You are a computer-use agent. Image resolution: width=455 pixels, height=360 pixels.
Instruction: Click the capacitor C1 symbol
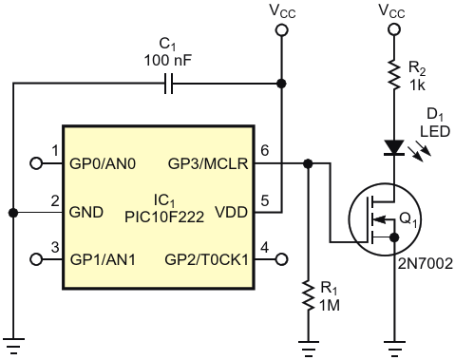(169, 84)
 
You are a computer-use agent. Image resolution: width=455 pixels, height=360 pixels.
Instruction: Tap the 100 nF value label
(168, 60)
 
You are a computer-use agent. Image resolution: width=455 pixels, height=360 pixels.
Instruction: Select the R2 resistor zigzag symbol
(394, 74)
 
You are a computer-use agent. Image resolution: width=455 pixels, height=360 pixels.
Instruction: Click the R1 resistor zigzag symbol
(308, 295)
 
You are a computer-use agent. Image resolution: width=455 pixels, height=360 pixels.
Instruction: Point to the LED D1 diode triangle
(394, 148)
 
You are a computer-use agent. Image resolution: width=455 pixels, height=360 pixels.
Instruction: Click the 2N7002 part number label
(426, 264)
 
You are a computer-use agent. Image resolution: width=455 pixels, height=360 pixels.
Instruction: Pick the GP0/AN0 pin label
(103, 164)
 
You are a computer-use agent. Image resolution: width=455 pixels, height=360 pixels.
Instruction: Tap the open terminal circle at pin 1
(36, 163)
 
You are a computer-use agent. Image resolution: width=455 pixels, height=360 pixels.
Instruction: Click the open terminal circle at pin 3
(36, 259)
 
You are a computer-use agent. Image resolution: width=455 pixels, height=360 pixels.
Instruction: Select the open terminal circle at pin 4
(281, 259)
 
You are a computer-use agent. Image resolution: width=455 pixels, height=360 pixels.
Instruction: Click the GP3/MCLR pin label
(208, 164)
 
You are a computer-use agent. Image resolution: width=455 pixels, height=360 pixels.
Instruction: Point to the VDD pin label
(231, 212)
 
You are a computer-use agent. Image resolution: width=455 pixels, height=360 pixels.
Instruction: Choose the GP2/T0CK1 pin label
(207, 259)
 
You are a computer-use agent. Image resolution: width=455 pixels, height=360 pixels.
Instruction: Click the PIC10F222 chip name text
(164, 218)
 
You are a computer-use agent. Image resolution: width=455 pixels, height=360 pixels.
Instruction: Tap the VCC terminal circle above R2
(394, 29)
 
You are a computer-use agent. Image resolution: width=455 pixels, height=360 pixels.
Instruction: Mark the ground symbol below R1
(308, 348)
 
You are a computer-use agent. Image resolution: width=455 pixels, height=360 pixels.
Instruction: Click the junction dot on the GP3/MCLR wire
(308, 163)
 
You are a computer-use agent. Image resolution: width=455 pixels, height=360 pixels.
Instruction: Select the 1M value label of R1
(330, 306)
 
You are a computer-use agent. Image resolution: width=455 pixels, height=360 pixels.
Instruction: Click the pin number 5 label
(265, 200)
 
